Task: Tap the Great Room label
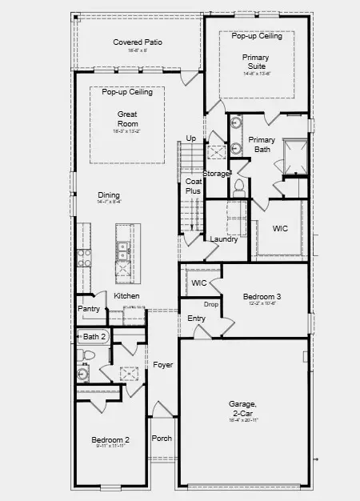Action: click(x=128, y=118)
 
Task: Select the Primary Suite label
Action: click(x=256, y=62)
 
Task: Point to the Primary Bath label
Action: click(x=262, y=145)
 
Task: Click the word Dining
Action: click(x=110, y=195)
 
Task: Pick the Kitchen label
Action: click(x=126, y=296)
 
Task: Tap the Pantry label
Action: click(x=88, y=309)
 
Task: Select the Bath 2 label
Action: click(x=94, y=337)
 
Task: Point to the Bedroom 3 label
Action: click(x=262, y=296)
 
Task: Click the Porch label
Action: click(x=162, y=438)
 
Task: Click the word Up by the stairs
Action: click(x=190, y=138)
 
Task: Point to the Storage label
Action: click(x=216, y=173)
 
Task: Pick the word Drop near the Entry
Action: click(x=211, y=304)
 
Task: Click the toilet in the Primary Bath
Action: click(x=238, y=188)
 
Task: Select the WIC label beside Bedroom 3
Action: click(x=199, y=283)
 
